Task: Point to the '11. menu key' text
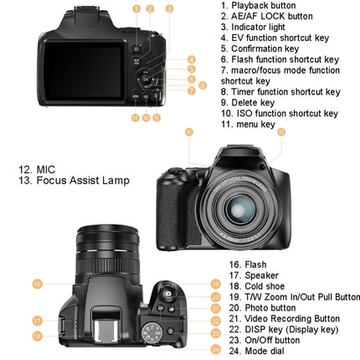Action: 248,125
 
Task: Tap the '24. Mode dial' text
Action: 258,352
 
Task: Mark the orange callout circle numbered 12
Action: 188,131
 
